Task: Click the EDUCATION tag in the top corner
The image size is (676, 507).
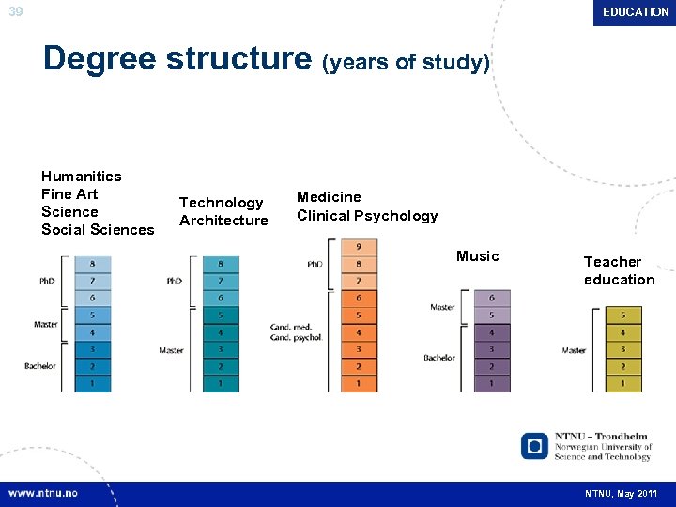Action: click(636, 12)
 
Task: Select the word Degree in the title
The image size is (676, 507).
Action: click(100, 58)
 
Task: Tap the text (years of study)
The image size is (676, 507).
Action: click(406, 63)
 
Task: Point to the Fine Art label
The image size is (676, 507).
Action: click(69, 194)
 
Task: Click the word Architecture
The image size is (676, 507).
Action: click(223, 221)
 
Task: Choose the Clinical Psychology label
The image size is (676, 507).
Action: click(367, 216)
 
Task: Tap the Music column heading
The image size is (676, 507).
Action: click(477, 256)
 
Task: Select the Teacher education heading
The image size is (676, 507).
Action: click(619, 270)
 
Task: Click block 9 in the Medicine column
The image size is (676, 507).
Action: click(359, 247)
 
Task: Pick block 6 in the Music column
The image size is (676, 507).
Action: click(492, 298)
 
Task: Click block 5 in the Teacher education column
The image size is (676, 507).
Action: click(623, 315)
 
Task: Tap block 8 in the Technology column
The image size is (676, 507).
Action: click(221, 265)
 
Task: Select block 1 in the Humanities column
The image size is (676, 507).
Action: click(92, 383)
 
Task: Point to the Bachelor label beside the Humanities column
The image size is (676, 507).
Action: click(40, 366)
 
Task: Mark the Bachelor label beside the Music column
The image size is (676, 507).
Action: click(439, 358)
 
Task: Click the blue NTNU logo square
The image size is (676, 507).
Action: click(534, 445)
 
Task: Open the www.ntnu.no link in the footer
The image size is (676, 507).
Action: click(43, 493)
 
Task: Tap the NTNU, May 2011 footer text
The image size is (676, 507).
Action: click(621, 494)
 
